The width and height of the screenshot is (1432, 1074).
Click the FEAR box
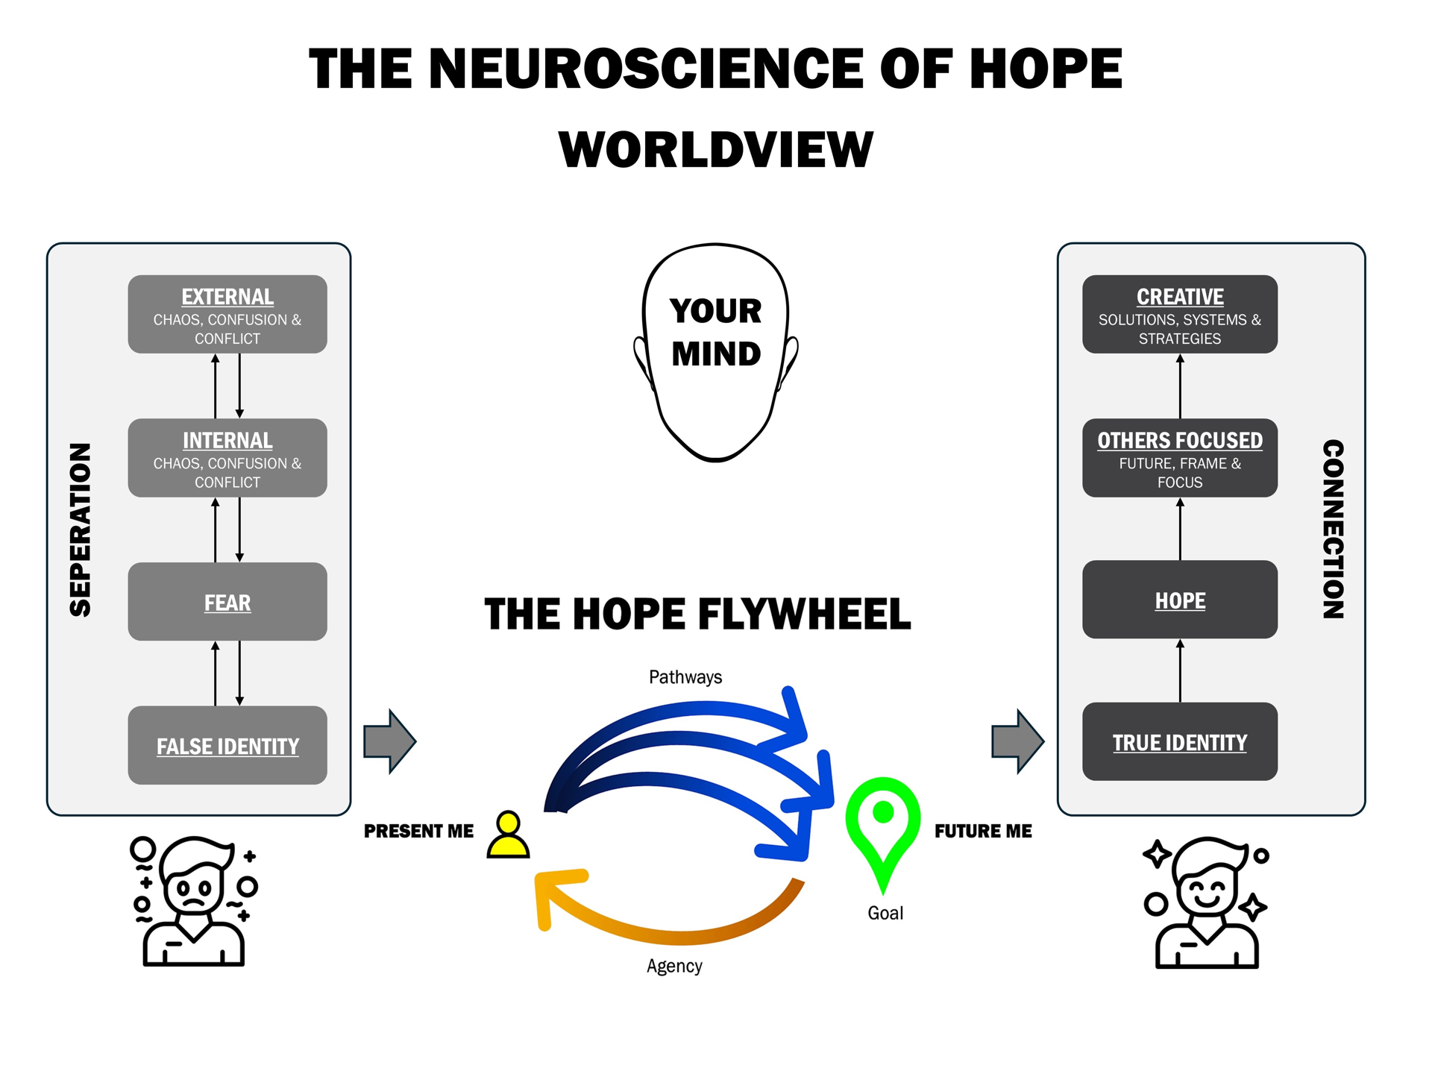click(x=227, y=602)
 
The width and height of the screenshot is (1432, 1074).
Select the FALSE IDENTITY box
click(x=227, y=745)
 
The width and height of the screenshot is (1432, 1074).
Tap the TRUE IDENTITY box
click(x=1179, y=742)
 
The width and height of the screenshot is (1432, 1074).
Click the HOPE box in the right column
click(x=1179, y=600)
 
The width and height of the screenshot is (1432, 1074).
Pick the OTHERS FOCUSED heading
click(x=1179, y=441)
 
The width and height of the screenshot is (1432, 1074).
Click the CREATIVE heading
click(x=1179, y=297)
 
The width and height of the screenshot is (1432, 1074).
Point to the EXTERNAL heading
click(x=227, y=297)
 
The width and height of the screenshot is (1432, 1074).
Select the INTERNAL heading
click(x=227, y=441)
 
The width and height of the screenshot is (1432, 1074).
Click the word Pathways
click(x=685, y=677)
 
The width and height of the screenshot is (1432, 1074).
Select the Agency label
click(x=674, y=966)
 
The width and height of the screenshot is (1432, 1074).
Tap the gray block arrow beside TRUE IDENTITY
click(x=1017, y=741)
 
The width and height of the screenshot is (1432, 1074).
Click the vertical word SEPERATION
click(x=81, y=530)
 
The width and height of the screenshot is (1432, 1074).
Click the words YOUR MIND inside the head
click(x=715, y=332)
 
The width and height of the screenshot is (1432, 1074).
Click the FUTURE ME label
click(x=983, y=831)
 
